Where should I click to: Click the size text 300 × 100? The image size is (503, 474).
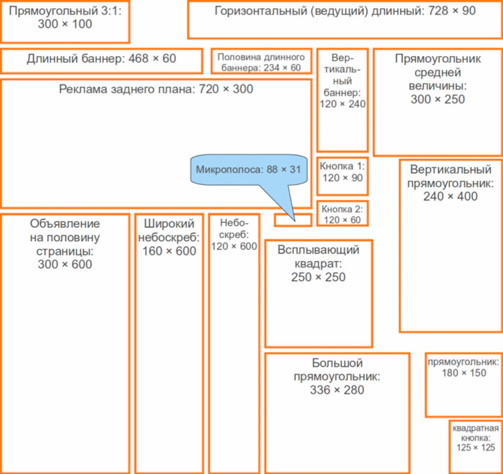click(65, 24)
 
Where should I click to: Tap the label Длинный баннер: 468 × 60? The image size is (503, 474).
click(101, 59)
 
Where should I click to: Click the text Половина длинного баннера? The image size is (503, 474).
click(261, 57)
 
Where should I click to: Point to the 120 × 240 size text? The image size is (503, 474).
click(342, 104)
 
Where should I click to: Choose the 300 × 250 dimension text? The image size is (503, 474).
click(438, 99)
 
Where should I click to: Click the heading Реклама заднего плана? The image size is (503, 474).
click(126, 89)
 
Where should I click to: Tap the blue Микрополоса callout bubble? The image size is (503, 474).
click(248, 170)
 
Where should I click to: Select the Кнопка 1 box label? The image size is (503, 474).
click(342, 166)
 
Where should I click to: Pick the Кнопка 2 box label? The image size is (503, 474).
click(342, 209)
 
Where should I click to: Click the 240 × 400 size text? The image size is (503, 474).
click(450, 196)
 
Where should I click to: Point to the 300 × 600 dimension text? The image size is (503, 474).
click(65, 265)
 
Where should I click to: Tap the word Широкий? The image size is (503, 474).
click(169, 224)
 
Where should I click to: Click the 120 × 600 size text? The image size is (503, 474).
click(234, 246)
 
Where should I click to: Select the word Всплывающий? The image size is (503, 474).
click(318, 250)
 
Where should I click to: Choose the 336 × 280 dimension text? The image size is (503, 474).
click(337, 390)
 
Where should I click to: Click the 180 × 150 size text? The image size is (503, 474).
click(464, 373)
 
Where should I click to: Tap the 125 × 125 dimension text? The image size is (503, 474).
click(476, 448)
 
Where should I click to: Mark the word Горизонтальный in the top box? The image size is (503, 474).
click(261, 11)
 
